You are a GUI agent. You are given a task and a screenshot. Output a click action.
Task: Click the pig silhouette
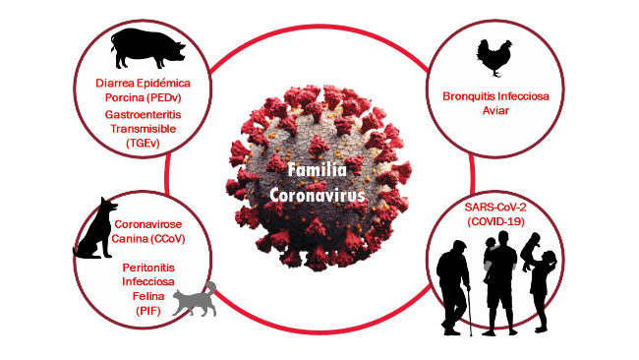[x=145, y=46]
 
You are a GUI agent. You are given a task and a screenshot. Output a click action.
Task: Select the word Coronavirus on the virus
[x=318, y=195]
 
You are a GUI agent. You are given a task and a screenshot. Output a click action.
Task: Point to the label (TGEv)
[x=144, y=144]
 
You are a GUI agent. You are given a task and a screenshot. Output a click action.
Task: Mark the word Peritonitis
[x=146, y=268]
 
